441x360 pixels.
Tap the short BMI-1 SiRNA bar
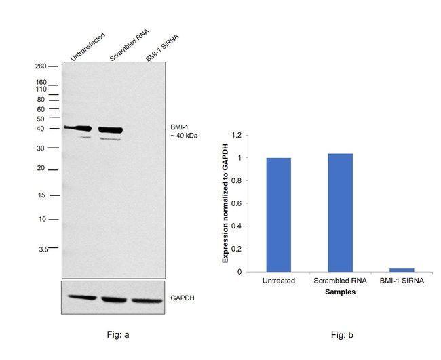pyautogui.click(x=402, y=270)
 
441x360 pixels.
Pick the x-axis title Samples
pyautogui.click(x=339, y=292)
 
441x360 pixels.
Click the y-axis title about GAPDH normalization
pyautogui.click(x=227, y=203)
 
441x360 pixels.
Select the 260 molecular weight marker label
pyautogui.click(x=41, y=66)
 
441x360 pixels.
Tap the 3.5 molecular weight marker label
pyautogui.click(x=42, y=249)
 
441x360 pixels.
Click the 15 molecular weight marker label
pyautogui.click(x=41, y=195)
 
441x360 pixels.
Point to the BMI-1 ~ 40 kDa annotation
pyautogui.click(x=184, y=132)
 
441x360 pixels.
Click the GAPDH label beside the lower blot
pyautogui.click(x=181, y=298)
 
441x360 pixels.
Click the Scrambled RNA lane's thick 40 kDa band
pyautogui.click(x=111, y=129)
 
